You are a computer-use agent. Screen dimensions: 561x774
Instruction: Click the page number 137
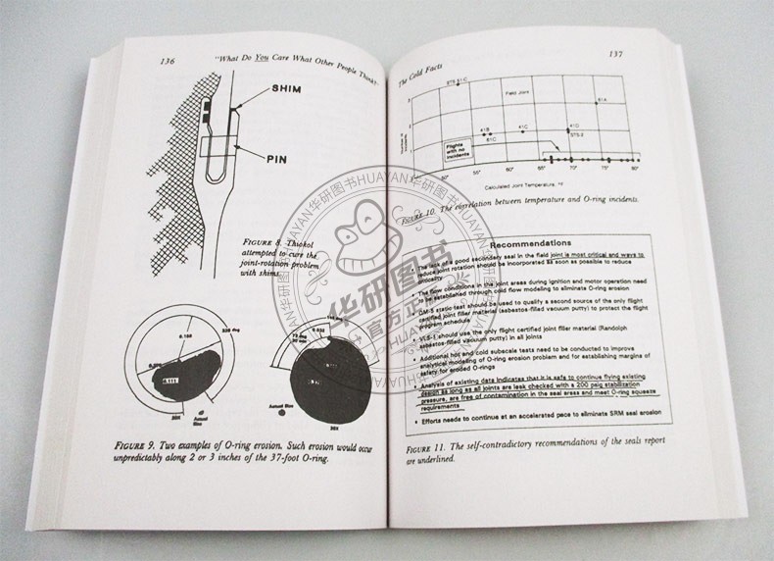tap(617, 54)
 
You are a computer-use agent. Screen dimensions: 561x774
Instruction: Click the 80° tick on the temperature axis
tap(634, 169)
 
